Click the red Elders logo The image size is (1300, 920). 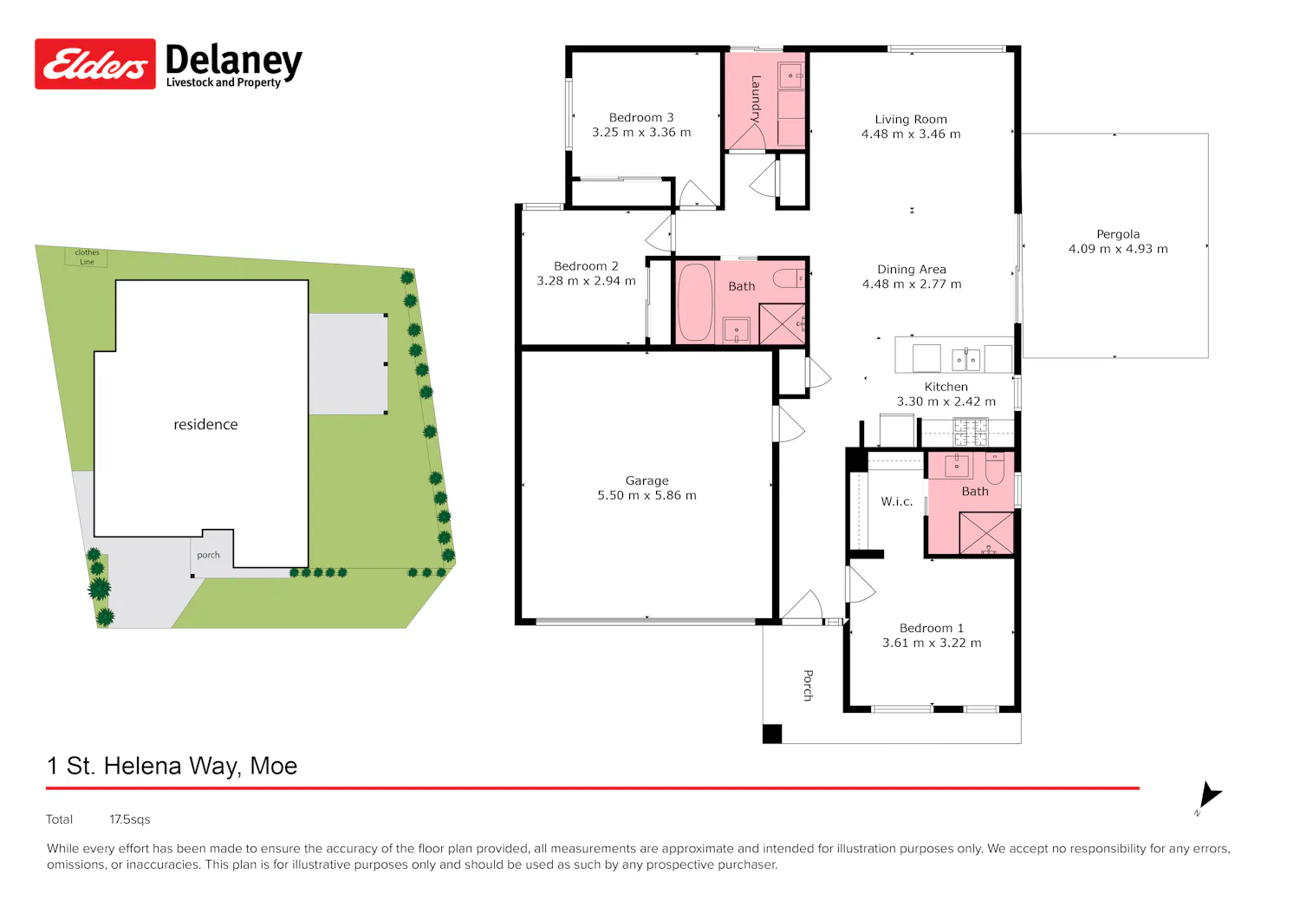(95, 64)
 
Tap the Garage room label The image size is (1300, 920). (647, 480)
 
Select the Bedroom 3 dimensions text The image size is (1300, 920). (641, 133)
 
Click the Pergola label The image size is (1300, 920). (1118, 234)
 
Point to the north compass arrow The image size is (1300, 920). (1209, 794)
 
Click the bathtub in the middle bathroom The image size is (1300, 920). (695, 302)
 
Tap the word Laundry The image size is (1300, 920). (756, 99)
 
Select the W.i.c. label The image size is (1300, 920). (896, 501)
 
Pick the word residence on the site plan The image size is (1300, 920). (205, 425)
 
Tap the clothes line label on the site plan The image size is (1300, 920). (87, 257)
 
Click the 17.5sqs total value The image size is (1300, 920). (129, 819)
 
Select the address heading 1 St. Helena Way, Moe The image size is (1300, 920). (172, 766)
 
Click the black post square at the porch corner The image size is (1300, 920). (772, 734)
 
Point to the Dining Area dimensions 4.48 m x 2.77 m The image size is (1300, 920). (911, 284)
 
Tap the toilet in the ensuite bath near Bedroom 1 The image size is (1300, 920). (995, 468)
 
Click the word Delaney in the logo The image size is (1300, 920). (234, 61)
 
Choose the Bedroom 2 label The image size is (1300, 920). (586, 266)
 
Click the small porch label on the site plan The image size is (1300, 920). (208, 555)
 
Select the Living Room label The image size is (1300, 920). (911, 119)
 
